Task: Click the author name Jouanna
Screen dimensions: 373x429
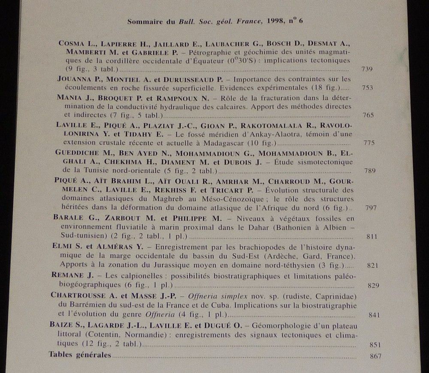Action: tap(72, 79)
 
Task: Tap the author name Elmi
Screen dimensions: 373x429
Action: tap(60, 247)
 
